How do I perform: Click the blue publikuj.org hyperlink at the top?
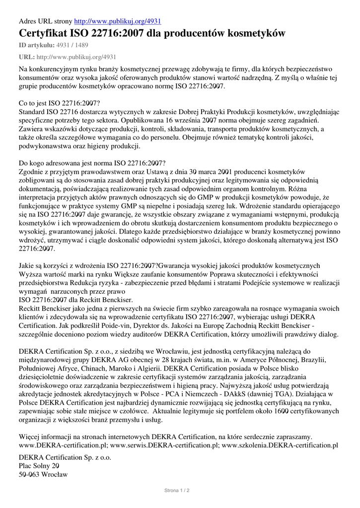pyautogui.click(x=117, y=21)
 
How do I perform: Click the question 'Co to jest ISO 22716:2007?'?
pyautogui.click(x=59, y=103)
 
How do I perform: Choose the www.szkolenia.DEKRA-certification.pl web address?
pyautogui.click(x=280, y=445)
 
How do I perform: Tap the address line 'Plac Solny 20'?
pyautogui.click(x=39, y=465)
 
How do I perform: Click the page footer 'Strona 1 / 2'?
pyautogui.click(x=177, y=490)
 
